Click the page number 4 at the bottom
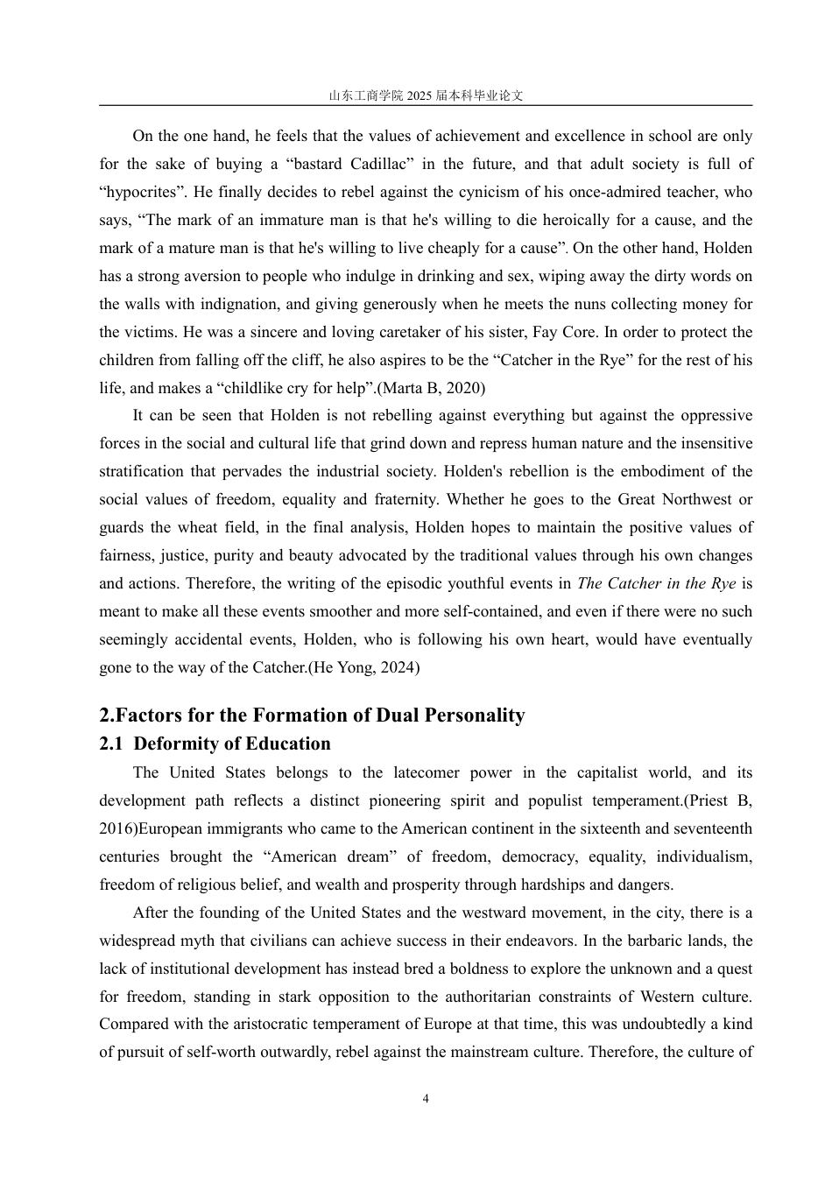point(426,1099)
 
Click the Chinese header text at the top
point(426,95)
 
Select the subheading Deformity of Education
point(231,744)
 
